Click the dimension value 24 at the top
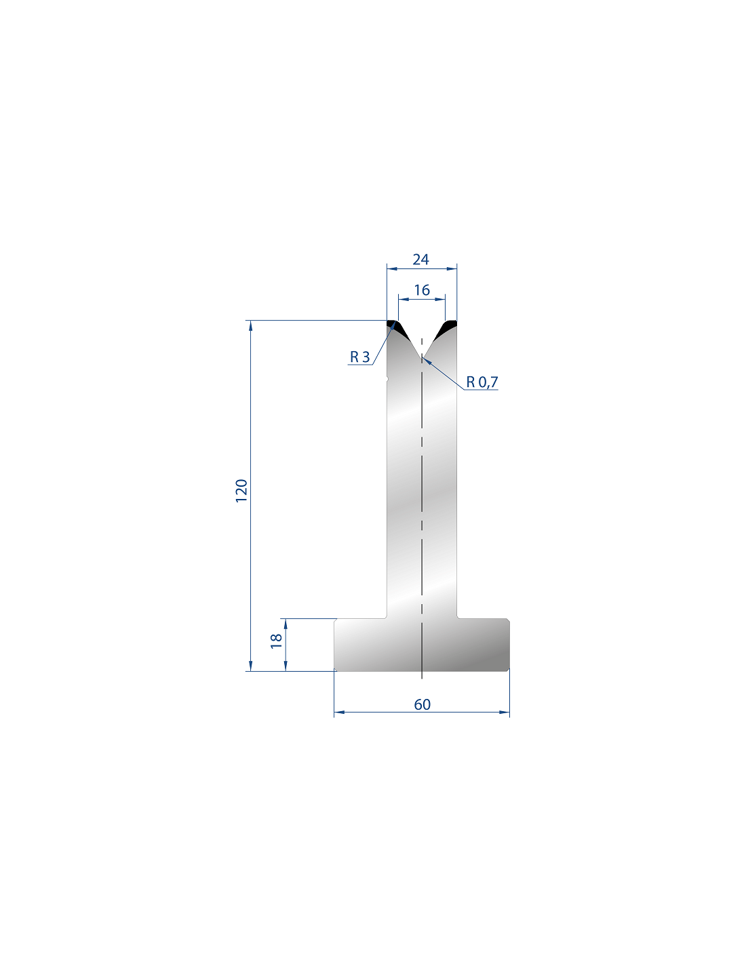click(420, 260)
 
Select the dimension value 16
click(422, 290)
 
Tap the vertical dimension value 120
click(241, 491)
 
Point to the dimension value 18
click(276, 641)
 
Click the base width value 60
click(422, 704)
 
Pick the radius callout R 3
click(359, 357)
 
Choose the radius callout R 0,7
click(482, 382)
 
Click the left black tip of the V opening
click(394, 328)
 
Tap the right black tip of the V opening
click(448, 328)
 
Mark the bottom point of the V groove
click(422, 357)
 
